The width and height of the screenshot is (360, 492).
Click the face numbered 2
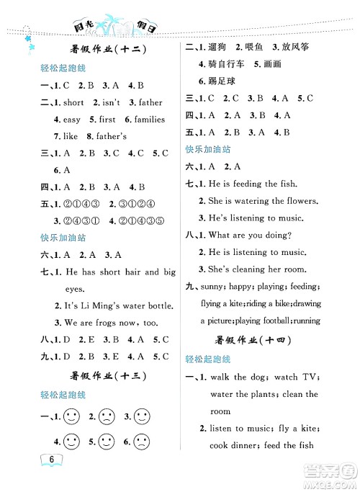click(x=107, y=416)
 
